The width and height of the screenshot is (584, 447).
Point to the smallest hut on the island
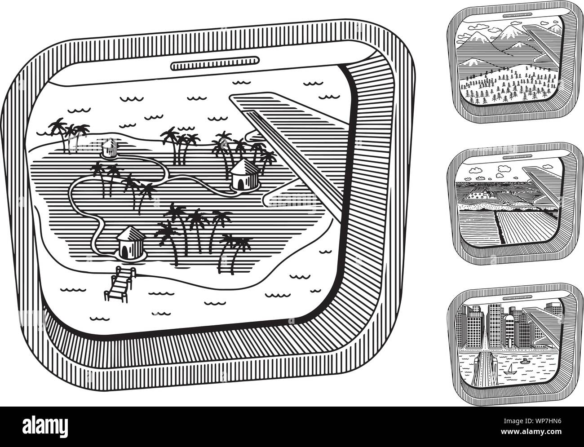[x=110, y=148]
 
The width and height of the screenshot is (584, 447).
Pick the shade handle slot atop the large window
[x=215, y=63]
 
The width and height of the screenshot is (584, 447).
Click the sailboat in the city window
[x=511, y=370]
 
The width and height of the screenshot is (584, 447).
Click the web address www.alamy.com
[x=531, y=432]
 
